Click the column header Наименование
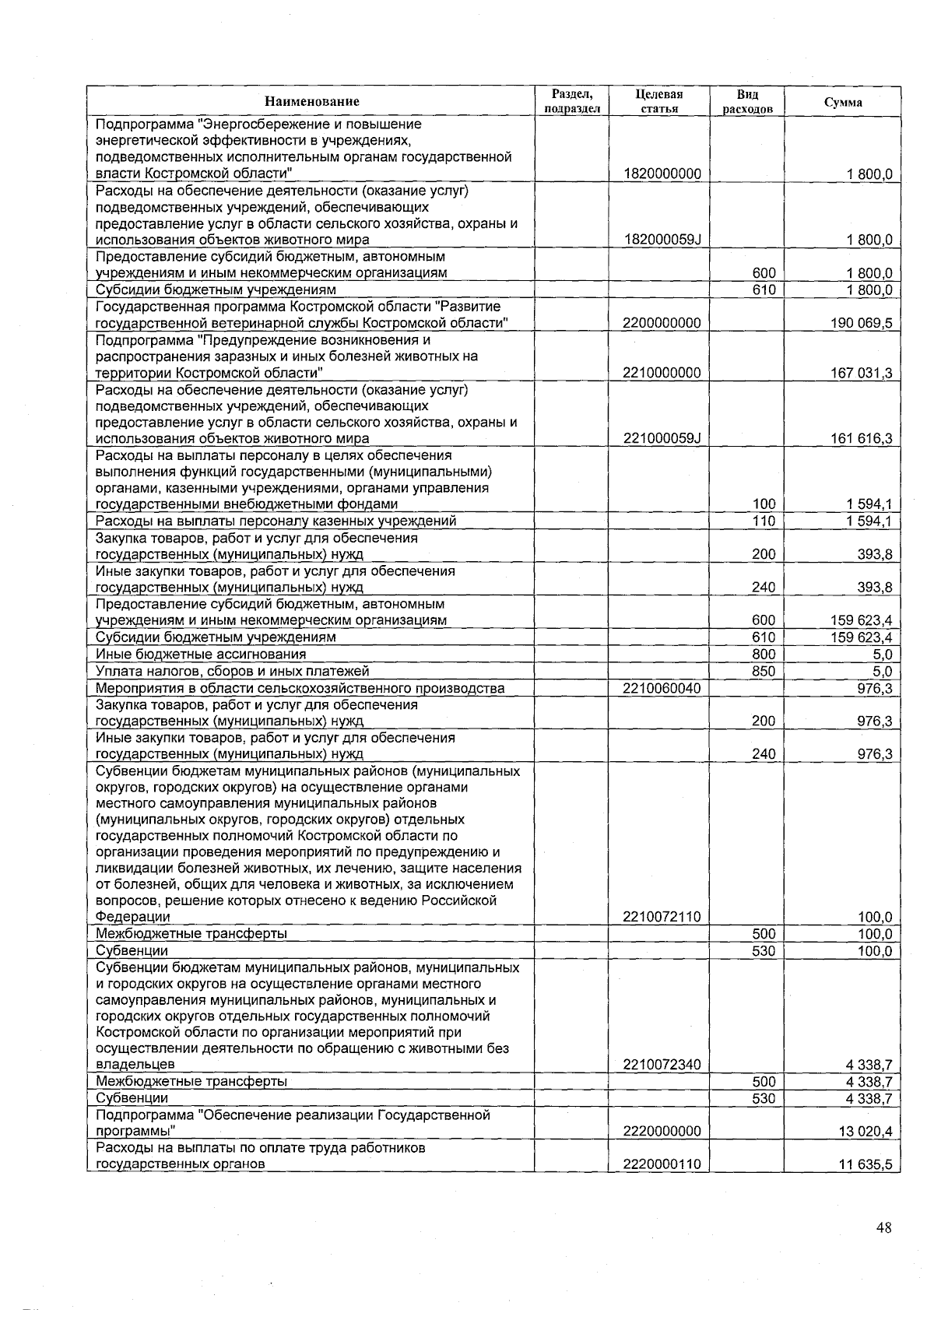311,101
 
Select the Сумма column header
843,102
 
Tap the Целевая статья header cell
659,101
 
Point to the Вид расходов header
747,101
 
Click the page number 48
883,1228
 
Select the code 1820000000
662,174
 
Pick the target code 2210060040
662,688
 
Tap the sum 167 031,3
862,373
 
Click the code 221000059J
662,438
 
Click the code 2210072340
662,1064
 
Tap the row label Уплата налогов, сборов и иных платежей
232,671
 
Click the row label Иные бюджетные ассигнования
201,655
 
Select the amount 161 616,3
862,438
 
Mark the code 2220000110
662,1164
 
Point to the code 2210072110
662,917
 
